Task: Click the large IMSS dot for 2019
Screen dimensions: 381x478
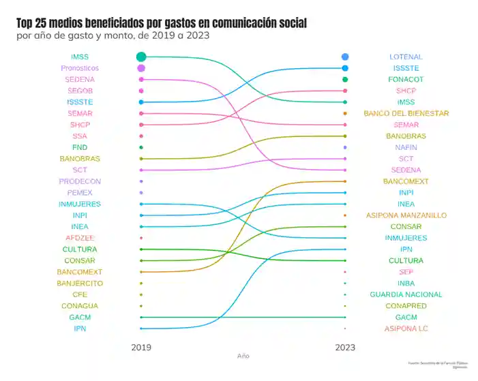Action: (141, 57)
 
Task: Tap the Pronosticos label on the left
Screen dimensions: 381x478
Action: (80, 68)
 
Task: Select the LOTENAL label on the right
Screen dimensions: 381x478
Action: (406, 57)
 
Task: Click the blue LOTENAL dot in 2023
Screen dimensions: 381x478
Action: (346, 57)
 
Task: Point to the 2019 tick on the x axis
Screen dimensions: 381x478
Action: (141, 347)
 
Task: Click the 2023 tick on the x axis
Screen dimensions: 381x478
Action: (345, 347)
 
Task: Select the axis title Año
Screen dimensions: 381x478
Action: (243, 356)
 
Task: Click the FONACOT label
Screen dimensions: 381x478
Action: (406, 80)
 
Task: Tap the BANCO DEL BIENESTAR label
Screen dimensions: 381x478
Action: (406, 113)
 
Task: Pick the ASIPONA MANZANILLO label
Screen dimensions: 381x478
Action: (406, 215)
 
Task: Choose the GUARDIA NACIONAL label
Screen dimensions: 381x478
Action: (406, 294)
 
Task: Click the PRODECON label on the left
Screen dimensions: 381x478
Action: (80, 181)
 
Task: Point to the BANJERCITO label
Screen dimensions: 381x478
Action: (80, 283)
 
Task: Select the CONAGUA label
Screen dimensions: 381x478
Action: (80, 306)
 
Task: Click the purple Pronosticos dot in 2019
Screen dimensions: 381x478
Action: (141, 68)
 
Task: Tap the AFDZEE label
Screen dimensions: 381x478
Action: (80, 238)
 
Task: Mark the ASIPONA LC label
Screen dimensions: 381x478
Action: (406, 329)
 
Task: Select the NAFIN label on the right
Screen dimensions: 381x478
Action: (406, 147)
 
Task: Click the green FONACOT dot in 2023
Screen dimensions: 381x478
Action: (346, 80)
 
